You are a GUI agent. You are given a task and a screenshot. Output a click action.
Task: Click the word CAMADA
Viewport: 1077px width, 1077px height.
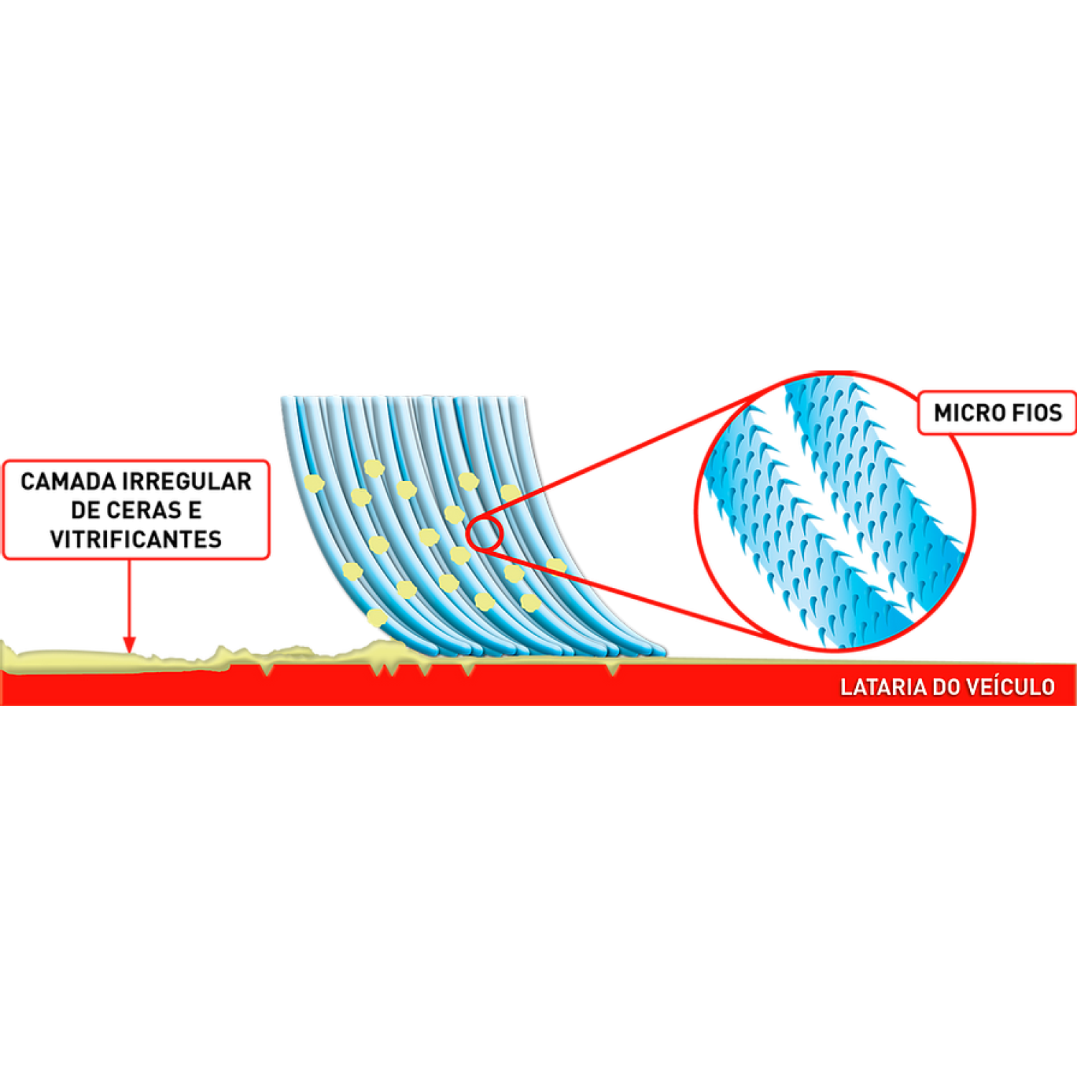[67, 481]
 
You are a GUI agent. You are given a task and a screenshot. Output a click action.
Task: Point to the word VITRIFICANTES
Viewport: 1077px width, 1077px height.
[136, 538]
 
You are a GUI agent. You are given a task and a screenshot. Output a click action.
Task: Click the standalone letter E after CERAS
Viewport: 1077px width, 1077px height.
[195, 510]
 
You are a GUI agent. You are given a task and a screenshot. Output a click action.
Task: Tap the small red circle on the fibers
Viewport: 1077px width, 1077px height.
[485, 533]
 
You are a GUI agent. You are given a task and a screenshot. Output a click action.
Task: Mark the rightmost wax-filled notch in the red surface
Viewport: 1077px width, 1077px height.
[612, 669]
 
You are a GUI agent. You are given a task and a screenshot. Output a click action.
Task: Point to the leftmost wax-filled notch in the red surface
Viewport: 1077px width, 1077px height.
[266, 669]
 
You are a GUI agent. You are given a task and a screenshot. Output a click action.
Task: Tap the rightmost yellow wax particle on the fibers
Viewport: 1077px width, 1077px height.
[556, 567]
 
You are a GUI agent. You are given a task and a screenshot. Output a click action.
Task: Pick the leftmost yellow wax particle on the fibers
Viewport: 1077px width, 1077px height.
[312, 483]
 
